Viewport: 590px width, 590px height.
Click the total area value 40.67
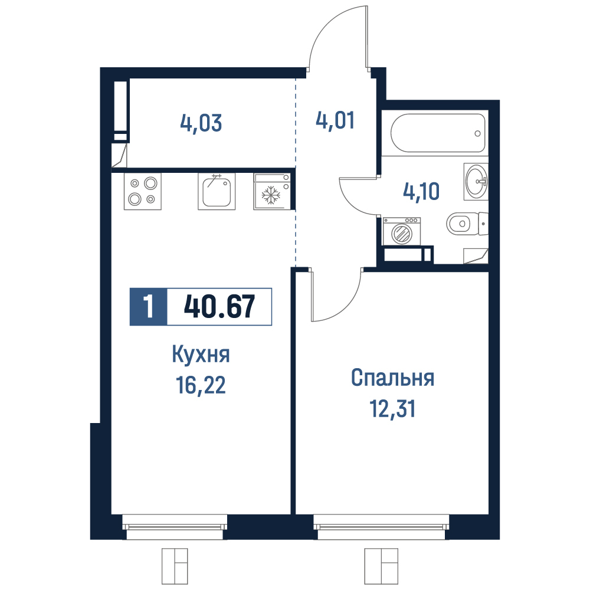click(x=219, y=306)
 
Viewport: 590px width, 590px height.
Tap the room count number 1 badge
click(x=148, y=306)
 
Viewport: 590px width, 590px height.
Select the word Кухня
click(x=201, y=355)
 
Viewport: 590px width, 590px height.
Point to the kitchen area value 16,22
click(x=201, y=385)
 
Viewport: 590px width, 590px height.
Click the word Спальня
click(x=392, y=379)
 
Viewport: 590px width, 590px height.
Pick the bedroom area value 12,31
click(x=392, y=409)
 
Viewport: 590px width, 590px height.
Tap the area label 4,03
click(x=201, y=123)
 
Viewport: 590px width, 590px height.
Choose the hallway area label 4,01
click(x=335, y=121)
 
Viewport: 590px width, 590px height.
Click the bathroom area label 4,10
click(x=421, y=191)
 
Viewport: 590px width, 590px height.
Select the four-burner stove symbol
click(x=143, y=191)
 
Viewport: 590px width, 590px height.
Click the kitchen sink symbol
click(x=217, y=191)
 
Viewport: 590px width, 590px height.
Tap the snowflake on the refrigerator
click(x=271, y=196)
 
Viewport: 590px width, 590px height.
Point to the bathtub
click(x=438, y=133)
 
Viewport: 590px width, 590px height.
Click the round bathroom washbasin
click(x=476, y=181)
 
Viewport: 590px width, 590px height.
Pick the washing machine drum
click(x=401, y=234)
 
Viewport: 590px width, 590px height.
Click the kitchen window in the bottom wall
click(x=175, y=527)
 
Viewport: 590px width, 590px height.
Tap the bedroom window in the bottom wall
click(x=382, y=527)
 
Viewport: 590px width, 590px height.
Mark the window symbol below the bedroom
click(x=381, y=566)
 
